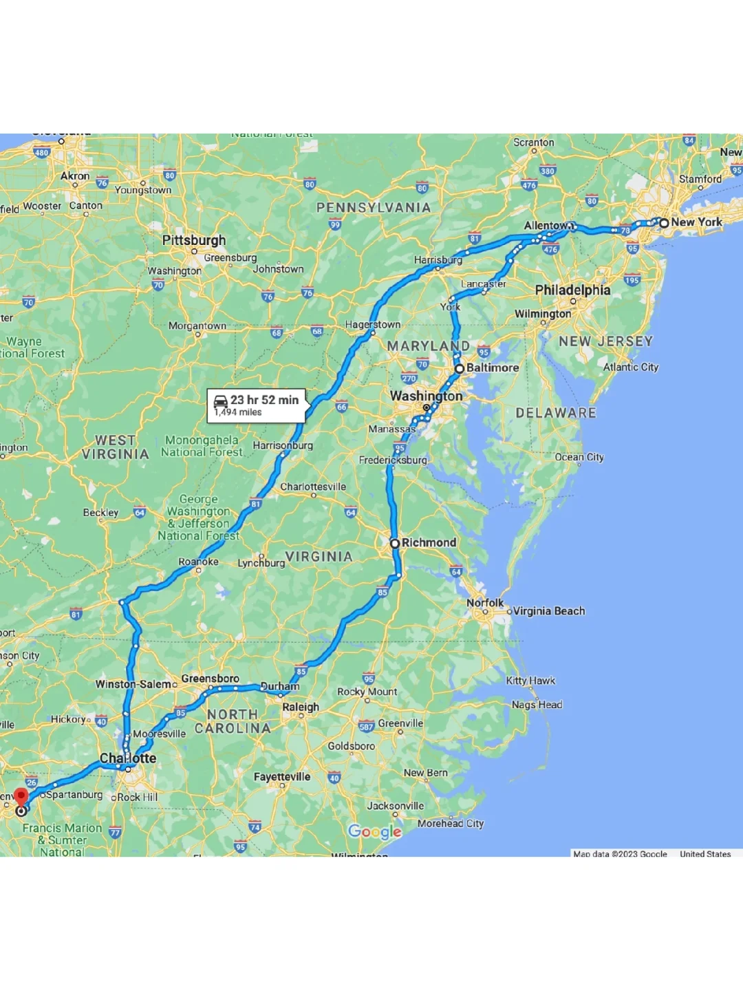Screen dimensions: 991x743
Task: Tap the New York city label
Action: [x=696, y=222]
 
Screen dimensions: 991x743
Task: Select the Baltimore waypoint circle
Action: [x=460, y=368]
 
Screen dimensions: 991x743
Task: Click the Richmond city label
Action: [x=429, y=543]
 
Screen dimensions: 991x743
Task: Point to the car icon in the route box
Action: [x=221, y=401]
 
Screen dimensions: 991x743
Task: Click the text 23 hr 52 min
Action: [x=264, y=400]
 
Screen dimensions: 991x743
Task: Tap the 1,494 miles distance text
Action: [x=238, y=412]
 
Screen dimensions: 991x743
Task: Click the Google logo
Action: [x=374, y=831]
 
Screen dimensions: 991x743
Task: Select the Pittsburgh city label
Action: [x=194, y=240]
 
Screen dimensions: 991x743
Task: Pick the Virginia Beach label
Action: [x=548, y=611]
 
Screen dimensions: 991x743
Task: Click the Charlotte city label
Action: [x=128, y=758]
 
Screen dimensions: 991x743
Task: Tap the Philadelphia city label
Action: [x=572, y=290]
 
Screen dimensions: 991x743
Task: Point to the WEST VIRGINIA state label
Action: [x=115, y=447]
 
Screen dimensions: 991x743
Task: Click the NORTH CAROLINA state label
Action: [x=233, y=721]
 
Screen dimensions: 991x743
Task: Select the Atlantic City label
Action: [x=631, y=367]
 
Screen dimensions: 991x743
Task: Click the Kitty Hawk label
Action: [x=530, y=681]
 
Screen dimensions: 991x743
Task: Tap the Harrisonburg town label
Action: [x=283, y=445]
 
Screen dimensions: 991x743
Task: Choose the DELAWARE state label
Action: [x=556, y=413]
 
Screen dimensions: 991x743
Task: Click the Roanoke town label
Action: [x=198, y=562]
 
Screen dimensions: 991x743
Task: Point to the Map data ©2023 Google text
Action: [x=620, y=854]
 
